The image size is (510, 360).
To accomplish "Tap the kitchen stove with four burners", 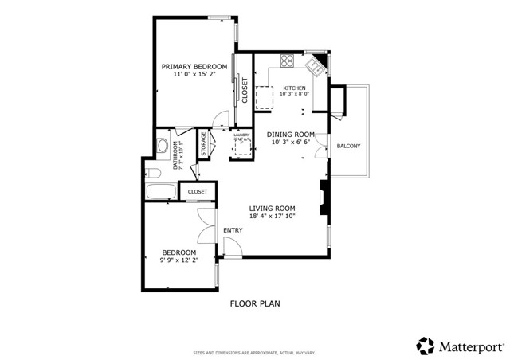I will point(288,61).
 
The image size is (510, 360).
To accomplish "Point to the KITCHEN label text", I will point(294,88).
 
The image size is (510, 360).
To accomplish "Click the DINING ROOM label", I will point(291,135).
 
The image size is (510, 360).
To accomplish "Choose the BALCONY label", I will point(348,146).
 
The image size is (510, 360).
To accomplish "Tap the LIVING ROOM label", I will point(272,209).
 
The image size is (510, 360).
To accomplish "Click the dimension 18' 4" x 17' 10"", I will point(272,216).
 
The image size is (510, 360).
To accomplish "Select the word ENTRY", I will point(233,230).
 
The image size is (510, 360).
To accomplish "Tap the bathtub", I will point(162,192).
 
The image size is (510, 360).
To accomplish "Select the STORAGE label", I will point(204,145).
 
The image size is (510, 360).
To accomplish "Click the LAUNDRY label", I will point(241,135).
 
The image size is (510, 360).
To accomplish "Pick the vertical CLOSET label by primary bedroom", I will point(245,90).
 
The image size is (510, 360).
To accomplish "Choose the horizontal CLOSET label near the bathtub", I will point(197,192).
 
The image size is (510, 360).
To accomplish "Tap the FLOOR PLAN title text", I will point(255,303).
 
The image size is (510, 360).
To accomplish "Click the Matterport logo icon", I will point(426,346).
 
